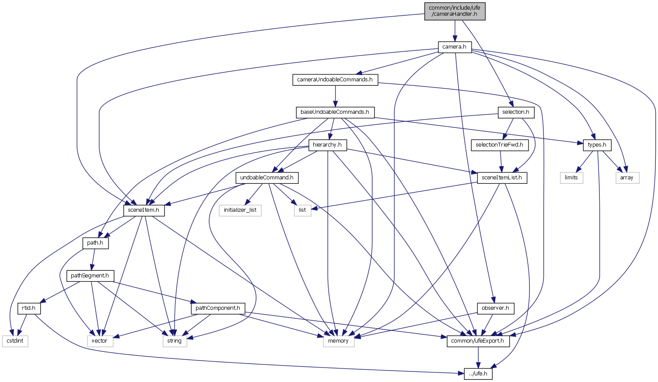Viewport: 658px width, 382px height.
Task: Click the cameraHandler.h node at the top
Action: (455, 11)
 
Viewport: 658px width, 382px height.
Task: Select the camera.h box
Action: (455, 47)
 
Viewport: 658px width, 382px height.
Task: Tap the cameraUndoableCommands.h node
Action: (335, 80)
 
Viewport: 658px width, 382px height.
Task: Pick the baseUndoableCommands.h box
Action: (335, 112)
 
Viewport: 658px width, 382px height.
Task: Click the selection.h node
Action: (516, 112)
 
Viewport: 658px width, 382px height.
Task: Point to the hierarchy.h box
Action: (327, 145)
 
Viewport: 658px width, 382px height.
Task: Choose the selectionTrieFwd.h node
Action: (499, 145)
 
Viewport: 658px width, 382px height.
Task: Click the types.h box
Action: (597, 145)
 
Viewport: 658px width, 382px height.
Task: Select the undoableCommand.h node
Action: (267, 178)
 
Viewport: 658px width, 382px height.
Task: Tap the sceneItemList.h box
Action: (502, 178)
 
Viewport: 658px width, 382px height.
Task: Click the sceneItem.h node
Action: (144, 210)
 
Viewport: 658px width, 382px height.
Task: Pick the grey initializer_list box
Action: (240, 210)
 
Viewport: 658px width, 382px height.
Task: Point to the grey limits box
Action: (571, 178)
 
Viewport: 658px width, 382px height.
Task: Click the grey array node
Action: (627, 178)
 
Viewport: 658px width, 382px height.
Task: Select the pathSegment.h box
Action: (90, 276)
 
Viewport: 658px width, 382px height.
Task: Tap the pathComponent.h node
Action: (217, 308)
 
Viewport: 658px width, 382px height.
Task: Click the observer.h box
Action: (495, 308)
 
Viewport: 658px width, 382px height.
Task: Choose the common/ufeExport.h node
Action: (478, 341)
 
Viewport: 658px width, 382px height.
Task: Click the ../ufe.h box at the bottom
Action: (478, 374)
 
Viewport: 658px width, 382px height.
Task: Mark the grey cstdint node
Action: (15, 341)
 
